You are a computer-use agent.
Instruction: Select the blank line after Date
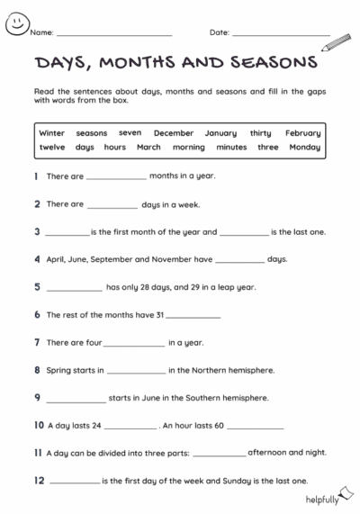tap(281, 34)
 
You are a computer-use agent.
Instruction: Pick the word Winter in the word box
tap(51, 133)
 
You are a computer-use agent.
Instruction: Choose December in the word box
tap(173, 133)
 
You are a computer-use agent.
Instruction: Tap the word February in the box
tap(302, 133)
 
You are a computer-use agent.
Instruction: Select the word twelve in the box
tap(52, 147)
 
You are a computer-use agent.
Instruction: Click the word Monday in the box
tap(304, 147)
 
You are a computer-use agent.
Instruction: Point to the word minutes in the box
tap(231, 147)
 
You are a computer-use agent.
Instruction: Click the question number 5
tap(37, 287)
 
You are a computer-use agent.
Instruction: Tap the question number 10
tap(39, 425)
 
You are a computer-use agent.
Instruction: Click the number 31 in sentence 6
tap(160, 315)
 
